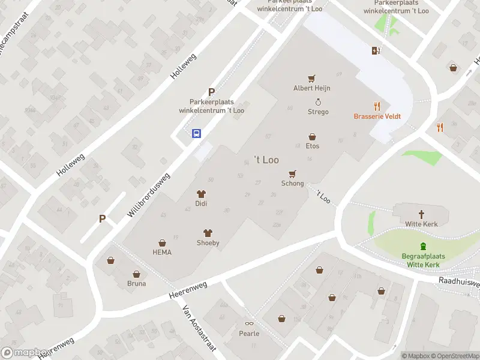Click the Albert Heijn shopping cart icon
click(311, 79)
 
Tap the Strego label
click(318, 112)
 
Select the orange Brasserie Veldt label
click(377, 116)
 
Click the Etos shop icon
click(312, 137)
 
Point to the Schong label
click(293, 184)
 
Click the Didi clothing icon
click(201, 194)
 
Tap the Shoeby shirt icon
click(208, 233)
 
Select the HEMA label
click(162, 253)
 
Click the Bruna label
click(136, 284)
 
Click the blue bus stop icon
click(196, 133)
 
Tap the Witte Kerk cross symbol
click(422, 214)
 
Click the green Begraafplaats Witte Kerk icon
click(424, 246)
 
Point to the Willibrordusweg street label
click(149, 196)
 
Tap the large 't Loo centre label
click(266, 160)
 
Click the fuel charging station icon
click(377, 50)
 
